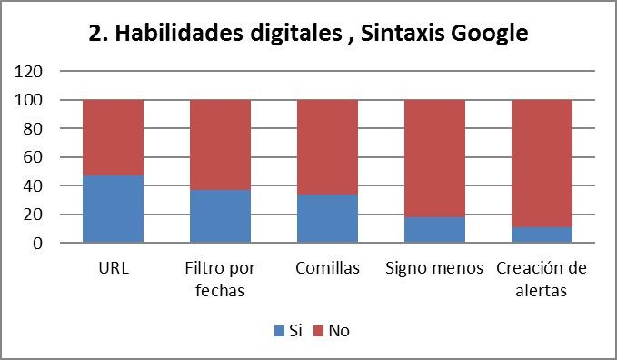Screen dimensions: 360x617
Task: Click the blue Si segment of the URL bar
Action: [113, 209]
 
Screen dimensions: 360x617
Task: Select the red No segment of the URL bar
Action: [113, 137]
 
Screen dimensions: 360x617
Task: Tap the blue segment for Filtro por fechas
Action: [220, 216]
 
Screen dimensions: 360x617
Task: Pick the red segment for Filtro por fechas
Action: [220, 145]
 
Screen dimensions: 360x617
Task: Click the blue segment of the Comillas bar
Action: [327, 219]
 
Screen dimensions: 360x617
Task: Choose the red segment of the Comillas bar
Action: [327, 147]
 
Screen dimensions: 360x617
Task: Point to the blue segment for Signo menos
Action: [434, 230]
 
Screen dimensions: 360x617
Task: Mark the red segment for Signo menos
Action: [434, 158]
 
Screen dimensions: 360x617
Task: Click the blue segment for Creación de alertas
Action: [542, 235]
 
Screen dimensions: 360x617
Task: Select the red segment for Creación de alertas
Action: [542, 164]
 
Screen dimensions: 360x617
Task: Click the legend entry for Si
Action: [288, 331]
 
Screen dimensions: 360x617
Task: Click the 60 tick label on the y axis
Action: [33, 157]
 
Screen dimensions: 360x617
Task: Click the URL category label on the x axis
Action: [113, 269]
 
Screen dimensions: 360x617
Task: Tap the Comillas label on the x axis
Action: [327, 269]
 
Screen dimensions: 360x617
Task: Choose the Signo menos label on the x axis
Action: [434, 269]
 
